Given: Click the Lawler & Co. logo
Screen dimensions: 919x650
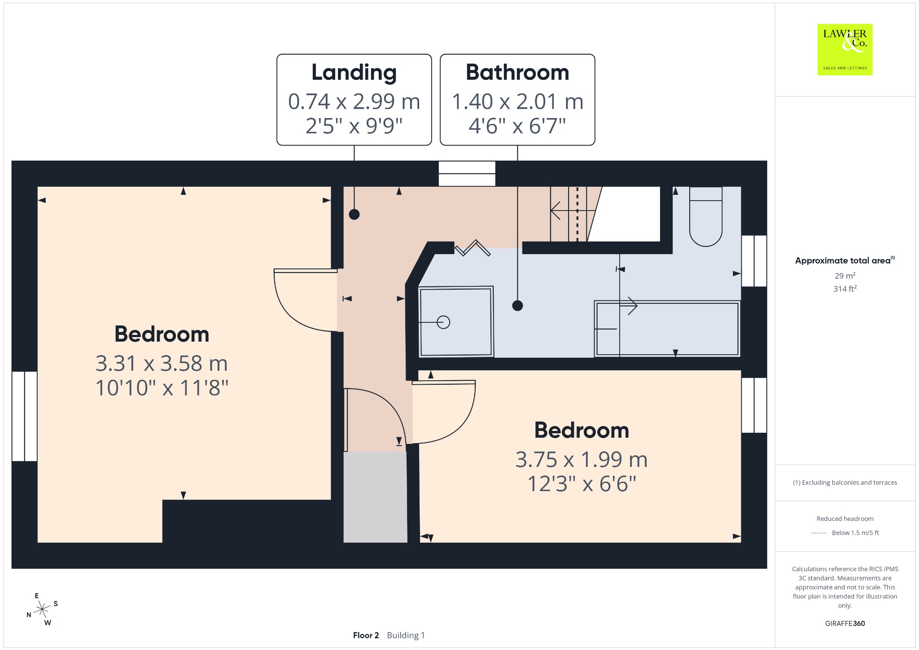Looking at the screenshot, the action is [845, 49].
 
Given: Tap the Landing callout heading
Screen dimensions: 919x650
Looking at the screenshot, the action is [354, 73].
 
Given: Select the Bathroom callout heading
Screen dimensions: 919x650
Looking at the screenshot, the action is [517, 72].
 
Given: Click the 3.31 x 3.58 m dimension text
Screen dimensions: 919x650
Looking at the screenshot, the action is [162, 363].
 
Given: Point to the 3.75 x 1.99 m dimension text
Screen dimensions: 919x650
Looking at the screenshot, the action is [582, 459].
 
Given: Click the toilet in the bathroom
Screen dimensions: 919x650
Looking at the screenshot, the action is [705, 216].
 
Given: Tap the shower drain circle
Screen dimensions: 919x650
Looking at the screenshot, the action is [443, 322].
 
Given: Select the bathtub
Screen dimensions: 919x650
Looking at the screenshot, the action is [667, 329].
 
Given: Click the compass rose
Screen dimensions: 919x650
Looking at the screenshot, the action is [42, 609].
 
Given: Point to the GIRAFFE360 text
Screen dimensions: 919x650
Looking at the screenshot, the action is [845, 623].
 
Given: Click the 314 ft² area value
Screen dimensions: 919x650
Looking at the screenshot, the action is [845, 289].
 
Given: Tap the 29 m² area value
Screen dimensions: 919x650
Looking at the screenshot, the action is [845, 276].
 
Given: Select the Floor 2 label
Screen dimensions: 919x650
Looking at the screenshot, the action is [366, 635].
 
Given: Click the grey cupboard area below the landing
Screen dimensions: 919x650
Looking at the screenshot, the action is [375, 497].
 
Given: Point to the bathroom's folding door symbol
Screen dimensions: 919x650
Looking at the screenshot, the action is [473, 248].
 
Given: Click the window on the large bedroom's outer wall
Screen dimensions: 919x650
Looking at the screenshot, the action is [24, 416].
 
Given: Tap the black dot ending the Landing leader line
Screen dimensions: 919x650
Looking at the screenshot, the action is [354, 215].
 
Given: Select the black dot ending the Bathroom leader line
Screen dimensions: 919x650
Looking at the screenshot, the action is [517, 306].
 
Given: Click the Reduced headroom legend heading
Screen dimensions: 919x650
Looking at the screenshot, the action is [845, 518].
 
